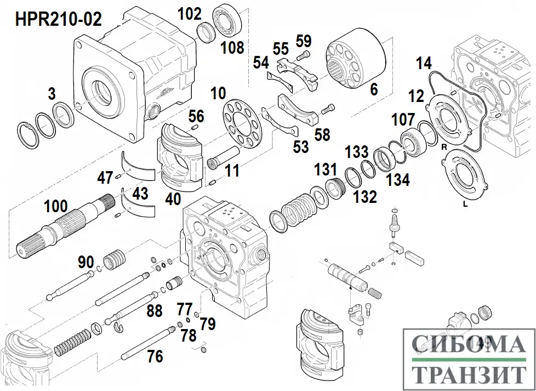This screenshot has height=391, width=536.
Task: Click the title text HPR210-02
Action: pyautogui.click(x=59, y=20)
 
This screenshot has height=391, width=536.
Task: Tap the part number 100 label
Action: pyautogui.click(x=56, y=206)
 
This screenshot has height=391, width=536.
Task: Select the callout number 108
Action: pyautogui.click(x=232, y=48)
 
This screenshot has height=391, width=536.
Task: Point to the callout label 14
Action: pyautogui.click(x=423, y=63)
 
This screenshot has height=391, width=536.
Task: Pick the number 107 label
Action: pyautogui.click(x=403, y=118)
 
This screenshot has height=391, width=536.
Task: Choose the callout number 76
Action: pyautogui.click(x=155, y=356)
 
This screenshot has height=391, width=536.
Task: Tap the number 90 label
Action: pyautogui.click(x=85, y=262)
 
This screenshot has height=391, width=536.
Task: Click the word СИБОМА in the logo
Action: pyautogui.click(x=467, y=344)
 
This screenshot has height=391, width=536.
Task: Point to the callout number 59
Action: pyautogui.click(x=303, y=41)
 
